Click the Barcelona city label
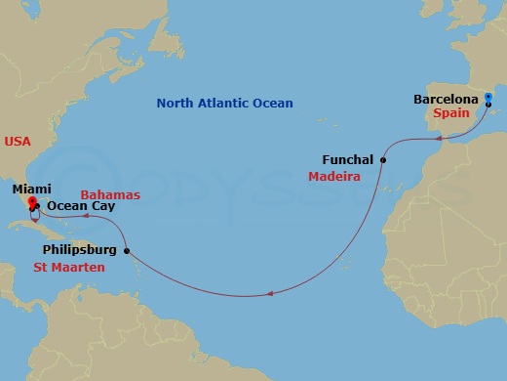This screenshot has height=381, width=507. point(445,99)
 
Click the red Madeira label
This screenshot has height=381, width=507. point(334,177)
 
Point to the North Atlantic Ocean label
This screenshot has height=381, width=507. point(226,103)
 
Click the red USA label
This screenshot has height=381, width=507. point(18,142)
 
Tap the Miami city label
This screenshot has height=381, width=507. point(33,188)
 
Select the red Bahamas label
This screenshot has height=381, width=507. point(110,195)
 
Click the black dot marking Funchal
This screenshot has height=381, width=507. point(383,159)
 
